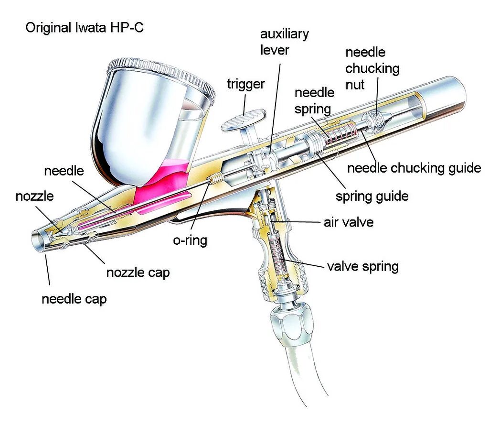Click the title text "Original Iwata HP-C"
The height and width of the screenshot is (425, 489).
pos(85,27)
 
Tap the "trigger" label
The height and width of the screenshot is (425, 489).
pos(245,84)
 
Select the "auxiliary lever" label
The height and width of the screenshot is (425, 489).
pos(284,42)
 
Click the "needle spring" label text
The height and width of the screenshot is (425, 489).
pos(312,100)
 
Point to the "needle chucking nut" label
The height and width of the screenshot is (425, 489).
pos(372,68)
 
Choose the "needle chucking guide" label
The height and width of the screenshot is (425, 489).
pos(414,168)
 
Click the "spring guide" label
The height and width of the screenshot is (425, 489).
pos(372,196)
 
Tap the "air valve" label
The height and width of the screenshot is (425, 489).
pos(348,222)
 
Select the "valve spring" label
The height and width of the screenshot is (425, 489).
pos(362,266)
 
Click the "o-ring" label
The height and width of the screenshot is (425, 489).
pos(190,240)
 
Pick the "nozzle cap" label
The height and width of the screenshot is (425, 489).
pos(138,272)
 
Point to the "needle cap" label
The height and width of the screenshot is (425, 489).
pos(74,299)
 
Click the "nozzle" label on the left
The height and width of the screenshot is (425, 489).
pos(34,196)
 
